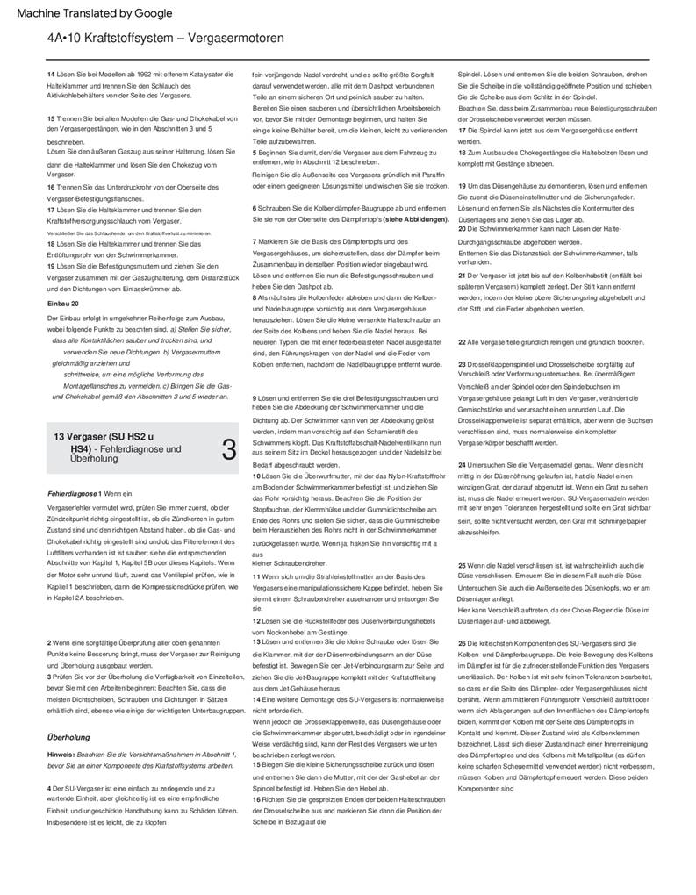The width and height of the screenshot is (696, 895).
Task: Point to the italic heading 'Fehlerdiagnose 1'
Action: pyautogui.click(x=75, y=494)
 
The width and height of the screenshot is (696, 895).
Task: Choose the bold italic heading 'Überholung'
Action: pyautogui.click(x=68, y=737)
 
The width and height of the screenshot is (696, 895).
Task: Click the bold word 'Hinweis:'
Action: pyautogui.click(x=61, y=754)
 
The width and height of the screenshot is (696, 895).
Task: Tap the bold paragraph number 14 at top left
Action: pyautogui.click(x=50, y=75)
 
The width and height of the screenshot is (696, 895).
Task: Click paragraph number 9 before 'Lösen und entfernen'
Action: pyautogui.click(x=254, y=399)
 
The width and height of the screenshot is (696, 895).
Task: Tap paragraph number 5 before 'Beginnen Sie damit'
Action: pyautogui.click(x=254, y=151)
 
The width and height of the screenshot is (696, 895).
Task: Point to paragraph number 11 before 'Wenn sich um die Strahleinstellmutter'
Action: pyautogui.click(x=255, y=576)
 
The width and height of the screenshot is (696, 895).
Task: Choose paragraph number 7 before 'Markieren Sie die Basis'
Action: pyautogui.click(x=254, y=241)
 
